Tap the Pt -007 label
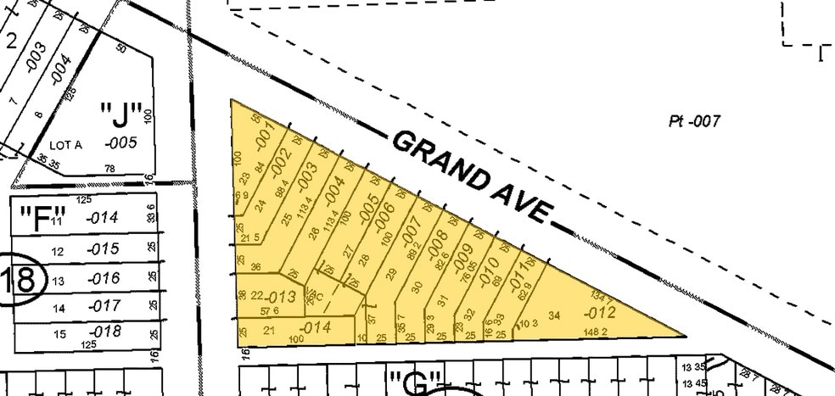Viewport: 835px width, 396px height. (694, 121)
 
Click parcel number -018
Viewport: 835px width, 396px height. (105, 332)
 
